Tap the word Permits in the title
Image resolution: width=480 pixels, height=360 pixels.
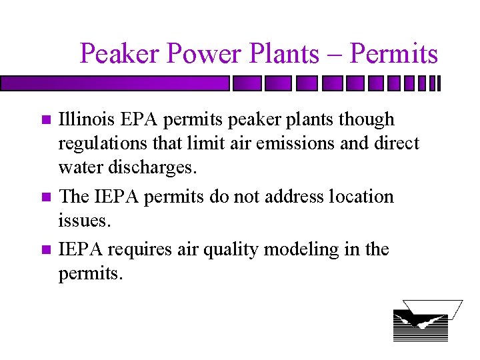click(x=394, y=53)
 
